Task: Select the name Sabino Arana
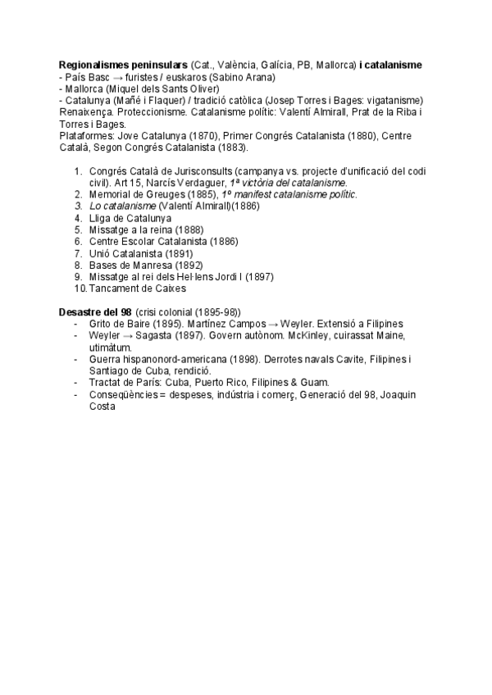click(x=244, y=76)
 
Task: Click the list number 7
click(x=78, y=253)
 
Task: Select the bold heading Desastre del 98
click(x=95, y=312)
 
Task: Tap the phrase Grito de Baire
click(x=117, y=324)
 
